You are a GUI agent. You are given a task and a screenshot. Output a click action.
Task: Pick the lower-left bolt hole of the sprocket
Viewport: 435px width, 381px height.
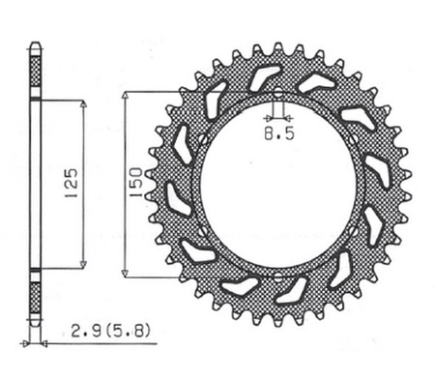pyautogui.click(x=201, y=235)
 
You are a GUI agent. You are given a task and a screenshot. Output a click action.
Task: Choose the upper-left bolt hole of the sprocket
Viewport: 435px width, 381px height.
pyautogui.click(x=201, y=138)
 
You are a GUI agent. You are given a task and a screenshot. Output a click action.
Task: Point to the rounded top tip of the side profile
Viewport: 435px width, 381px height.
pyautogui.click(x=36, y=44)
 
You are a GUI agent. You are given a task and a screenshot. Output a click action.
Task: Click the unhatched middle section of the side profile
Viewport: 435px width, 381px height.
pyautogui.click(x=36, y=184)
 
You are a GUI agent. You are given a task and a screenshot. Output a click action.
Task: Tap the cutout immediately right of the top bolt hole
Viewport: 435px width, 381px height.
pyautogui.click(x=315, y=85)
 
